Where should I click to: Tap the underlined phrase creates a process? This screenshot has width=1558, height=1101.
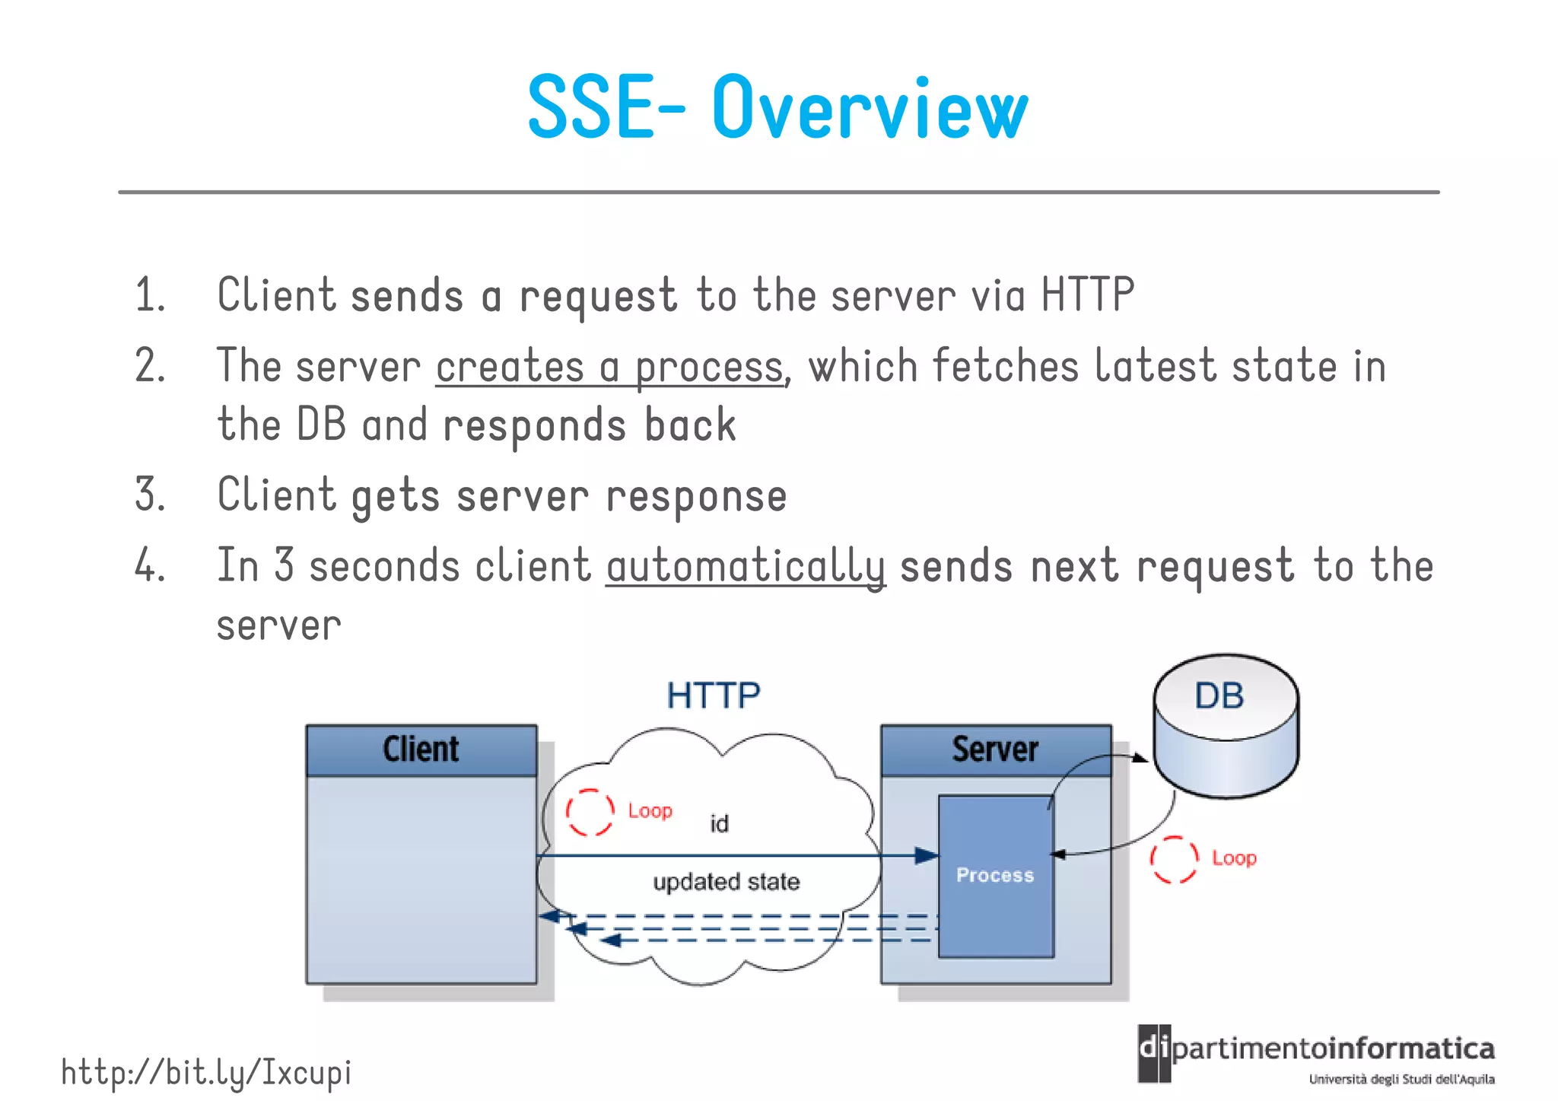pyautogui.click(x=609, y=368)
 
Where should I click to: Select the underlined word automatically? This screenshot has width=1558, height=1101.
pyautogui.click(x=746, y=567)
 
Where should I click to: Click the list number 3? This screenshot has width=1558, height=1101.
pyautogui.click(x=148, y=495)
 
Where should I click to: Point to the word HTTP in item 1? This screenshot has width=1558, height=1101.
pyautogui.click(x=1087, y=294)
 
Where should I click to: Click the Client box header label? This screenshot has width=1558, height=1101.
pyautogui.click(x=421, y=749)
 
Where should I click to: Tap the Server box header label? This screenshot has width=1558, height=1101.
pyautogui.click(x=995, y=749)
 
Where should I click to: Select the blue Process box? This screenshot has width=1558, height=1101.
pyautogui.click(x=995, y=875)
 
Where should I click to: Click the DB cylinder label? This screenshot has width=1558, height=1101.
pyautogui.click(x=1219, y=696)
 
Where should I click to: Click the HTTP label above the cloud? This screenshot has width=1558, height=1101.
pyautogui.click(x=713, y=696)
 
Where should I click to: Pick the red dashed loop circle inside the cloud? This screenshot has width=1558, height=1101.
pyautogui.click(x=590, y=812)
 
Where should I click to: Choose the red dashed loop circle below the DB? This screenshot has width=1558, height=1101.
pyautogui.click(x=1173, y=860)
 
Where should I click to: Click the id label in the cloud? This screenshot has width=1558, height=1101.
pyautogui.click(x=719, y=824)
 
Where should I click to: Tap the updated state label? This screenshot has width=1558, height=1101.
pyautogui.click(x=726, y=882)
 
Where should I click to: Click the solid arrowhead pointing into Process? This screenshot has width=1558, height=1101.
pyautogui.click(x=926, y=856)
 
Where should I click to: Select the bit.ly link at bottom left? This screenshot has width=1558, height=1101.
pyautogui.click(x=206, y=1073)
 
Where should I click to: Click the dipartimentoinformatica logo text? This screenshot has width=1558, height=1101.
pyautogui.click(x=1331, y=1050)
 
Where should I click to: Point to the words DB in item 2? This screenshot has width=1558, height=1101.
pyautogui.click(x=321, y=425)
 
